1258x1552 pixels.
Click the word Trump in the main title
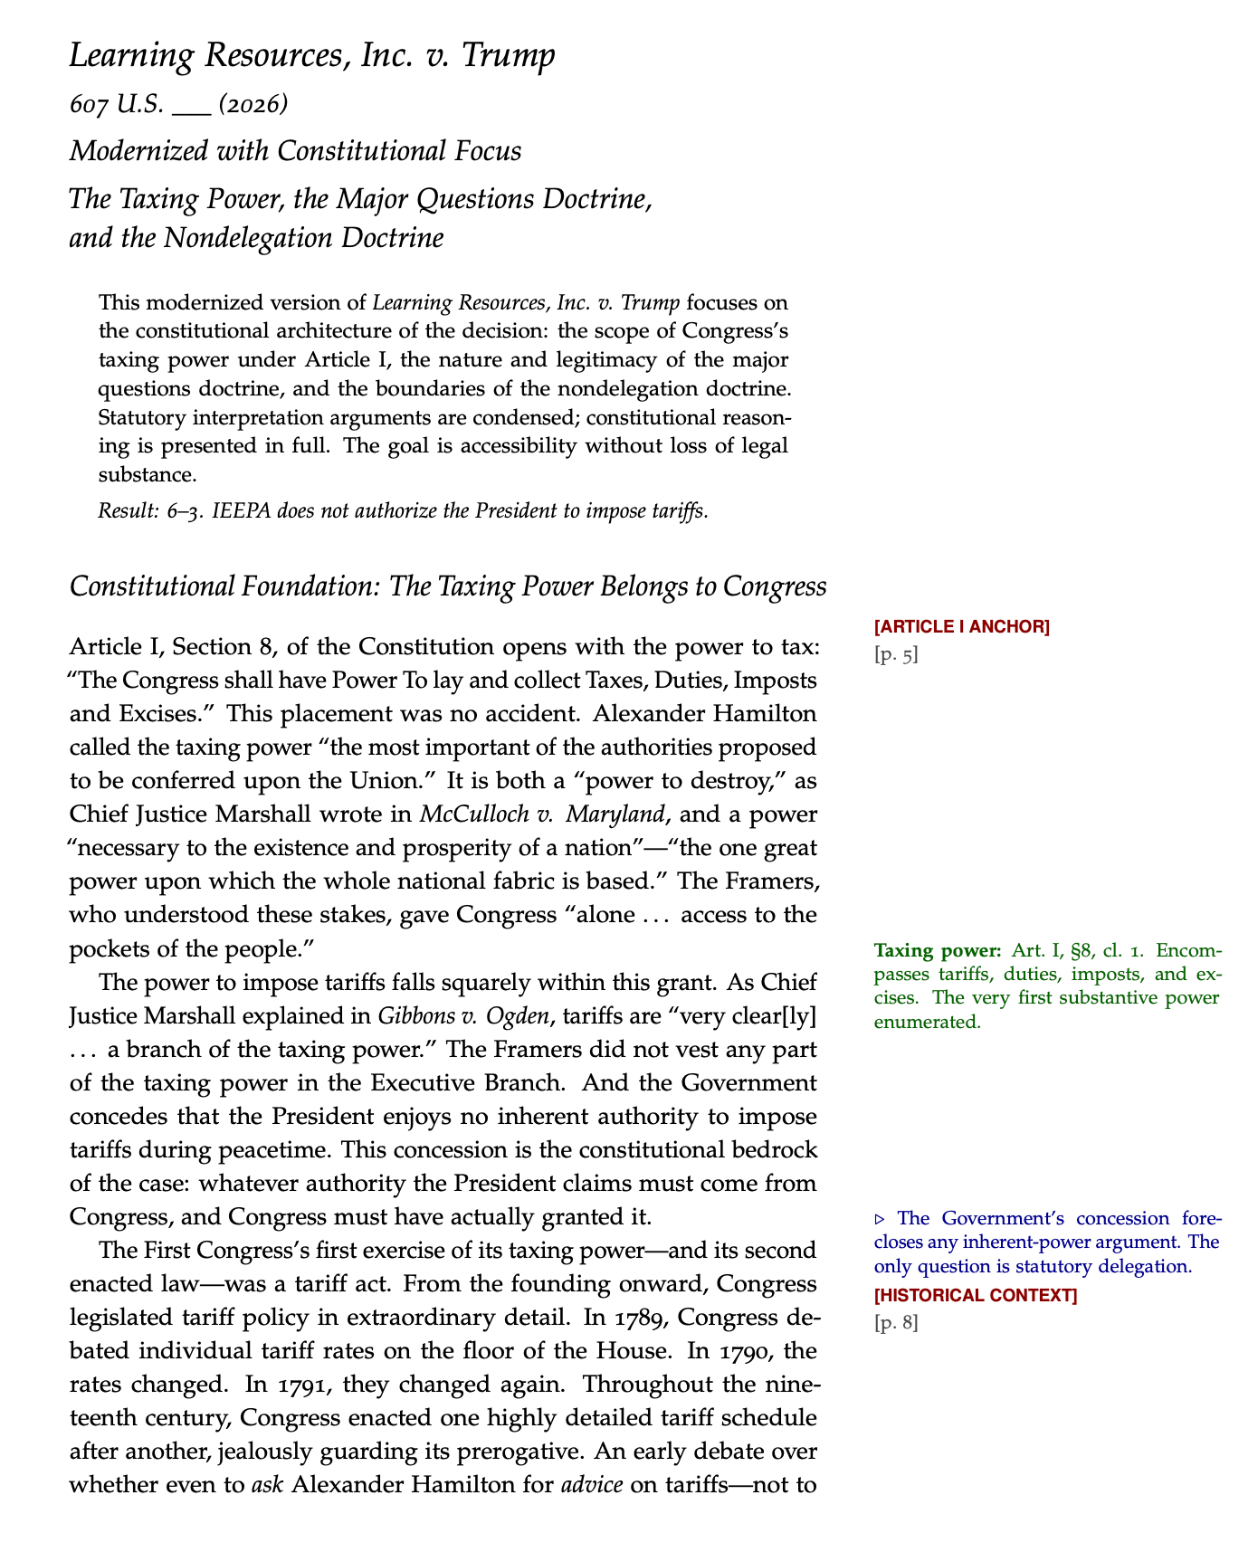(x=509, y=56)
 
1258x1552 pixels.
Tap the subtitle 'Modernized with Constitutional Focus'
(x=296, y=150)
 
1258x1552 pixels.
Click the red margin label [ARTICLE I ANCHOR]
(x=962, y=626)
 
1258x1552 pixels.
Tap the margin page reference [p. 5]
(x=896, y=654)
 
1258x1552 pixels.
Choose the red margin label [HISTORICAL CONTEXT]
(x=976, y=1295)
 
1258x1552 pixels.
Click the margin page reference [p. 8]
(x=896, y=1323)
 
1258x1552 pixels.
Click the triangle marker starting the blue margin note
(x=881, y=1219)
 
